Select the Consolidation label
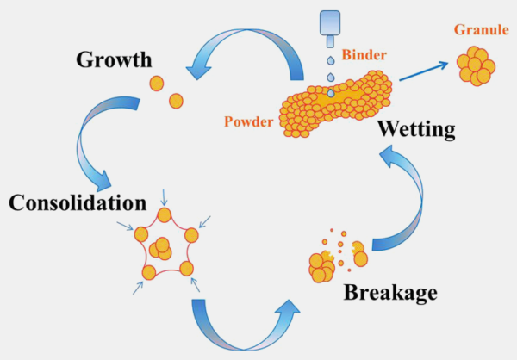point(75,203)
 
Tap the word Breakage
point(390,291)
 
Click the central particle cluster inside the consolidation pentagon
point(160,248)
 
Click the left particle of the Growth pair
point(156,83)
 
